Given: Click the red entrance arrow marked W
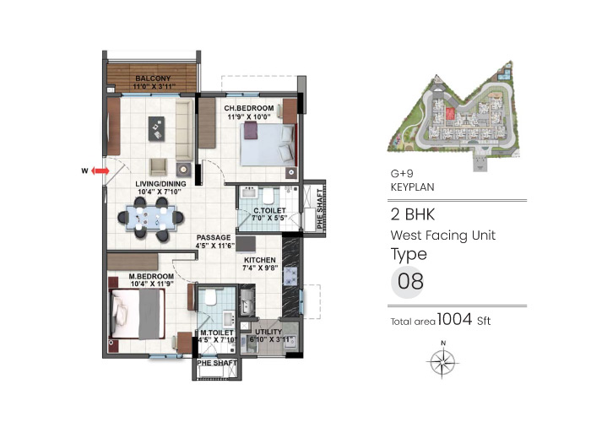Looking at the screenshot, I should [99, 170].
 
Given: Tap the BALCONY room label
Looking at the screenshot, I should [152, 81].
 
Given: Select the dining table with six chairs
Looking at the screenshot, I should [149, 220].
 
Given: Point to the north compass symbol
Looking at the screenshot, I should [442, 361].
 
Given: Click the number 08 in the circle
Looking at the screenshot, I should [410, 281].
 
